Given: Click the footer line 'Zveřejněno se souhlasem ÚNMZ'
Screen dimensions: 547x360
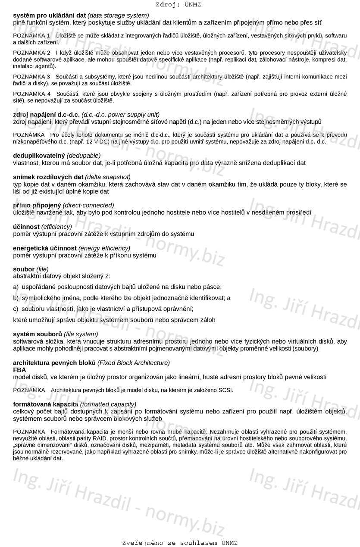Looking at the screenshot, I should click(180, 543).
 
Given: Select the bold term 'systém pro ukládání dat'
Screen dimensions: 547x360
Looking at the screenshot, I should click(50, 15).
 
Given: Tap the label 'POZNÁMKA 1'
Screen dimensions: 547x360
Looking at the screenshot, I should click(31, 35).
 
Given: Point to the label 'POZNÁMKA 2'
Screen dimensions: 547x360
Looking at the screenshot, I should click(31, 53).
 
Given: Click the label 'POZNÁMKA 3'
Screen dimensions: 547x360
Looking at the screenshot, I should click(31, 77).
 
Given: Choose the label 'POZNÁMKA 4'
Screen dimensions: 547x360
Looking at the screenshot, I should click(31, 94).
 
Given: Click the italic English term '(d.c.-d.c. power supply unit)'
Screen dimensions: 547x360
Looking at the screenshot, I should click(120, 115).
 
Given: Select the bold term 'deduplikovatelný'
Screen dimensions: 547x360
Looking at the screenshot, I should click(39, 156).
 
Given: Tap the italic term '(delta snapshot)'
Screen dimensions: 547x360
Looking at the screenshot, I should click(108, 177).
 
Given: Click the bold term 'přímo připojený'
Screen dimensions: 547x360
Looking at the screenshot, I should click(37, 205).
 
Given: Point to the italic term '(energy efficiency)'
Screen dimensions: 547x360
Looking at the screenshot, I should click(104, 248).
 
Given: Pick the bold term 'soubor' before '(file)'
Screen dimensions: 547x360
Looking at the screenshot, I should click(24, 269).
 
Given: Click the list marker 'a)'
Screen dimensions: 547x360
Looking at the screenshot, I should click(16, 287).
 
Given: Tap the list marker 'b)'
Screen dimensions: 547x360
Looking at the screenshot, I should click(16, 298).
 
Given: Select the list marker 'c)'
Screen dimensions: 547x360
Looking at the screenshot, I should click(16, 309).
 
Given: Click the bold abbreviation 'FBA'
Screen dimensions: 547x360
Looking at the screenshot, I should click(19, 370).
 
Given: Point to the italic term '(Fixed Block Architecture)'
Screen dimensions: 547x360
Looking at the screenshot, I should click(134, 363).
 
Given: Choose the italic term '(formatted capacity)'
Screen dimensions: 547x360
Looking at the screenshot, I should click(108, 404).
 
